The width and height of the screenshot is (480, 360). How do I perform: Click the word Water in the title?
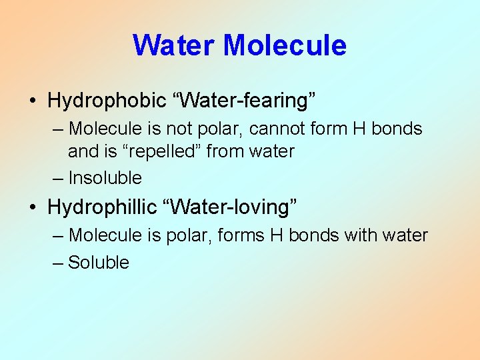(x=174, y=45)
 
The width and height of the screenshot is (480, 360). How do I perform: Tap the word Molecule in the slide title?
(x=285, y=45)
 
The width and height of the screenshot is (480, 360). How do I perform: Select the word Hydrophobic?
(x=107, y=101)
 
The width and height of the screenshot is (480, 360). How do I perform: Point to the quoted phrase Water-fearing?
(x=244, y=101)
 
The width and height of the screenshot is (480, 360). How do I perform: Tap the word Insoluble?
(x=105, y=178)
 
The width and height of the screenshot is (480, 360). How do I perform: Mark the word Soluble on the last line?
(x=99, y=263)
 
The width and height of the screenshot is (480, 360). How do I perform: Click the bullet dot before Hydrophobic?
(x=33, y=101)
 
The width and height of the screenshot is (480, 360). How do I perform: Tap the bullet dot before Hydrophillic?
(x=33, y=208)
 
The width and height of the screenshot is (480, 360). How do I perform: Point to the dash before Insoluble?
(x=58, y=179)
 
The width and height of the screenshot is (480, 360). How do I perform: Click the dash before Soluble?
(x=58, y=263)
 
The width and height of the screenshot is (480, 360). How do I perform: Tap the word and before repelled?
(x=83, y=151)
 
